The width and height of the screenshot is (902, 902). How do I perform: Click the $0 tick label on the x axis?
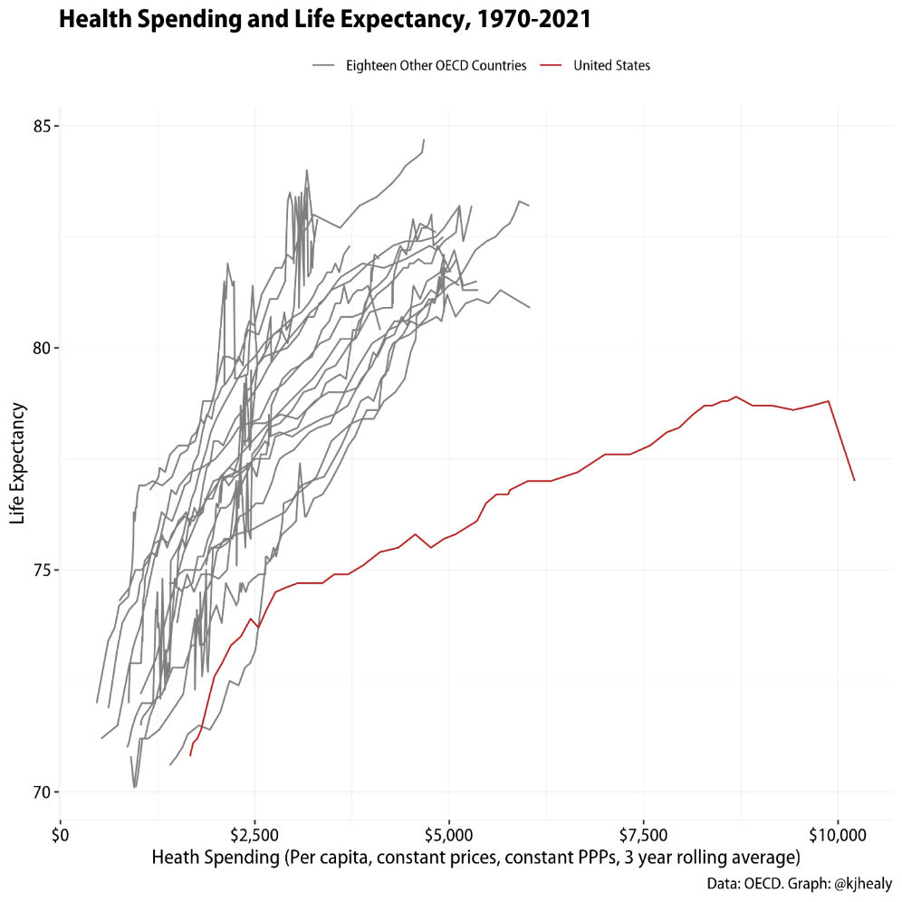coord(61,831)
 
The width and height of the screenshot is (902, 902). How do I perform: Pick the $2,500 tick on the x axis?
coord(254,831)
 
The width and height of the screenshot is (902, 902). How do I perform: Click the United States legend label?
coord(611,65)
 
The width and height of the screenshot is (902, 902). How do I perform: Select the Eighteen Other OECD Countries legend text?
coord(436,65)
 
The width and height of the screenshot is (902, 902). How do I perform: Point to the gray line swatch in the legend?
coord(324,65)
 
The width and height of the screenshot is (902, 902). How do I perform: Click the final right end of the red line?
coord(854,480)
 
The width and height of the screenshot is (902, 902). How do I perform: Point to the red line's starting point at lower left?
coord(190,754)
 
